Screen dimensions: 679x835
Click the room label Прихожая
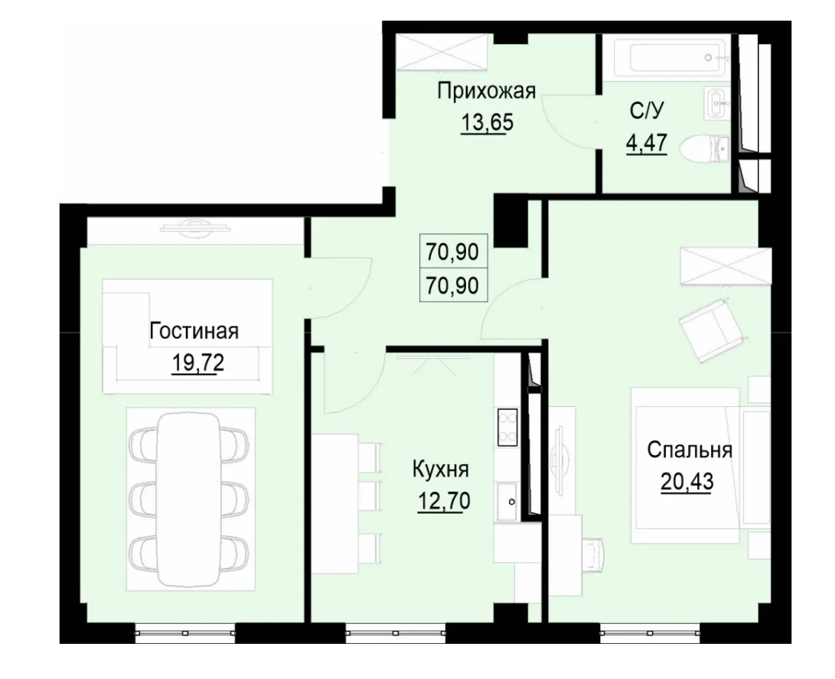485,92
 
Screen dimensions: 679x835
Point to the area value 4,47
647,143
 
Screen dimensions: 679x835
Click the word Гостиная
194,332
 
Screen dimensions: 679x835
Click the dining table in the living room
188,498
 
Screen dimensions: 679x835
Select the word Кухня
440,469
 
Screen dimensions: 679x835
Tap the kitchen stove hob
507,427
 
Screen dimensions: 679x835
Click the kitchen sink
507,502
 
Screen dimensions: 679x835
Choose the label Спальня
690,450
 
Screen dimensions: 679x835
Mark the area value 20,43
686,482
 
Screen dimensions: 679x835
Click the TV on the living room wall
194,225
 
